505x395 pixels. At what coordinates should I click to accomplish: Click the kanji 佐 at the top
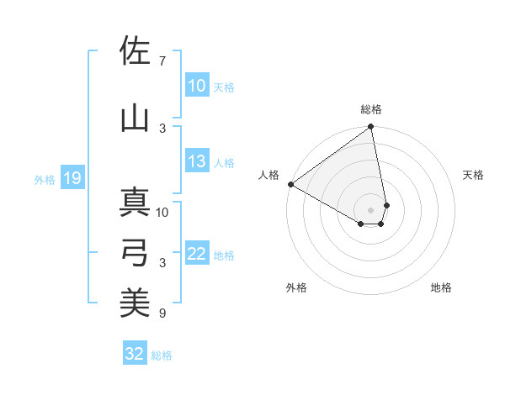pos(135,52)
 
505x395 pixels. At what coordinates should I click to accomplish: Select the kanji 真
pos(135,203)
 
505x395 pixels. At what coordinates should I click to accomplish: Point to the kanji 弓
pos(135,252)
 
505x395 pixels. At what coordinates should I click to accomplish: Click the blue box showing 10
pos(196,87)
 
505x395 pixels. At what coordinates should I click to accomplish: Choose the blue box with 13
pos(196,162)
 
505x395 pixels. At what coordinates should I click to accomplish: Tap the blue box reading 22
pos(196,255)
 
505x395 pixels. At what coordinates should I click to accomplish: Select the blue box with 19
pos(72,178)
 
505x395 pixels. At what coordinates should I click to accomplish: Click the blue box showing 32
pos(135,354)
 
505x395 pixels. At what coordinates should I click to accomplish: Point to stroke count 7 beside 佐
pos(162,61)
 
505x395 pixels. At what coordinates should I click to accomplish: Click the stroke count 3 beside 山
pos(162,128)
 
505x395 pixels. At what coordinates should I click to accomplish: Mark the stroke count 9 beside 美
pos(162,313)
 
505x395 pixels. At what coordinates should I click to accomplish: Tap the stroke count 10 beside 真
pos(162,212)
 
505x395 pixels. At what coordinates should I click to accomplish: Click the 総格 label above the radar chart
pos(371,109)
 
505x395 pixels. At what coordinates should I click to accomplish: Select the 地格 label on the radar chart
pos(441,288)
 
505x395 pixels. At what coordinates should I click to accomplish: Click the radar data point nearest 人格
pos(290,184)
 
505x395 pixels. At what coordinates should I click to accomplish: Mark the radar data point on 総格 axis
pos(371,127)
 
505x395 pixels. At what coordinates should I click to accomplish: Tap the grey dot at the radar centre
pos(371,209)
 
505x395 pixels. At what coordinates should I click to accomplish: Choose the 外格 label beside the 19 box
pos(45,179)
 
